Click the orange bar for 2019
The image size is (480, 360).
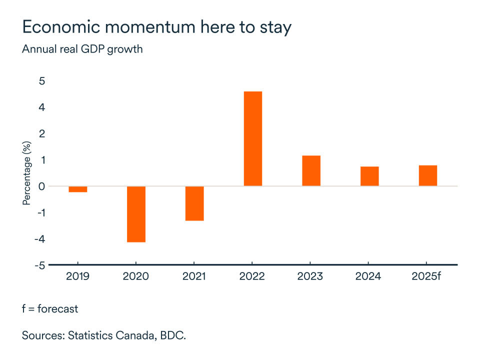[x=77, y=189]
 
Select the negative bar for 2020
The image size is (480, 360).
[x=136, y=214]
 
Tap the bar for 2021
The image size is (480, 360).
[x=194, y=203]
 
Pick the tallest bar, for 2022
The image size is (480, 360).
[x=252, y=138]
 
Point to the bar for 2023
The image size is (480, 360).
[x=311, y=170]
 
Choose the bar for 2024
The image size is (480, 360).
[x=369, y=176]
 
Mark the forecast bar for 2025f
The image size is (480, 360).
[x=427, y=175]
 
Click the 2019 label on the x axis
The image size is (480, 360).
[x=77, y=276]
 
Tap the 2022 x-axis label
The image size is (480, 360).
[x=252, y=276]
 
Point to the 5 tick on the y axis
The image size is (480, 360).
[x=41, y=81]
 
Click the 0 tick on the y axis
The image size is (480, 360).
[x=41, y=186]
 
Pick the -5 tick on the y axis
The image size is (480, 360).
[x=39, y=265]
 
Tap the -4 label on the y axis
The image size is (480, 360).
[x=39, y=239]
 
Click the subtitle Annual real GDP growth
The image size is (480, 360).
[x=82, y=49]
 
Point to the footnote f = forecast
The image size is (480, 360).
[x=50, y=308]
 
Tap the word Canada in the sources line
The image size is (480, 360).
[x=132, y=335]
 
